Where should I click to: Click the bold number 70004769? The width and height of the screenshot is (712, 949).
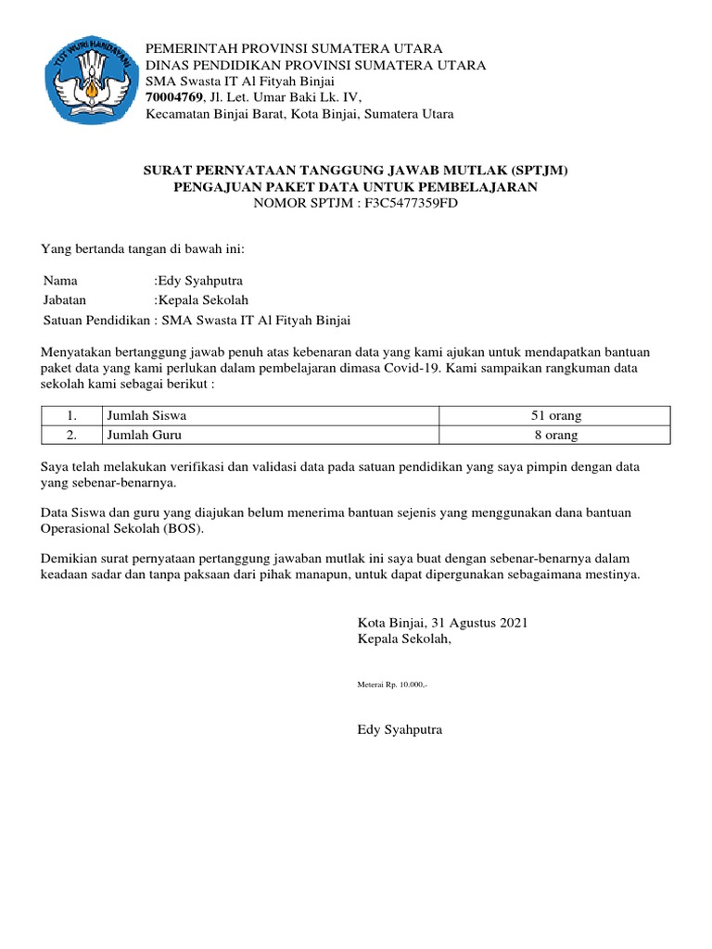[x=175, y=97]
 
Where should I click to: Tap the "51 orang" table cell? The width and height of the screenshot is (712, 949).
[x=555, y=416]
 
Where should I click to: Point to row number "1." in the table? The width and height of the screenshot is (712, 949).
[x=70, y=416]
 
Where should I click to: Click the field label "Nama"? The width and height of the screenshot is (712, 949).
[x=61, y=280]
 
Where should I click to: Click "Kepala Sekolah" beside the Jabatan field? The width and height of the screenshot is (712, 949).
[x=204, y=299]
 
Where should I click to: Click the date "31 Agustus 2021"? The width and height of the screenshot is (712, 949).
[x=475, y=623]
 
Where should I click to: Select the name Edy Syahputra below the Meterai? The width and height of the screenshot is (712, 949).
[x=400, y=729]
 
